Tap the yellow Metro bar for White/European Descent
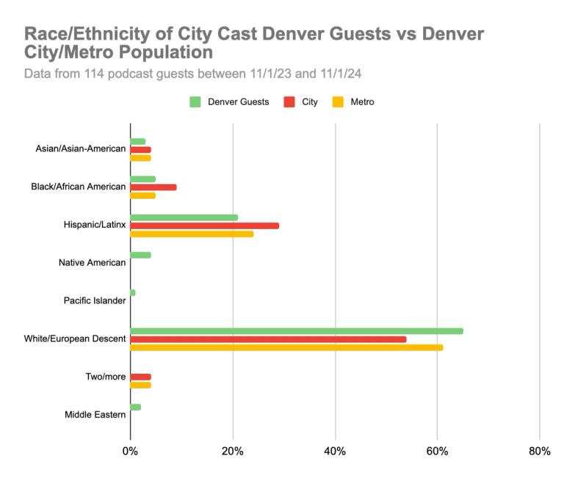[x=286, y=347]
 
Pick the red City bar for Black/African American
[x=153, y=187]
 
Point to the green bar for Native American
[x=140, y=255]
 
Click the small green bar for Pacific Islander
[x=133, y=292]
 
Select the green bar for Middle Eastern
[x=135, y=407]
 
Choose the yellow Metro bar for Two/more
[x=140, y=385]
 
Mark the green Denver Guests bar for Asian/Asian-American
[x=138, y=141]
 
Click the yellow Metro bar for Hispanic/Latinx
[x=192, y=234]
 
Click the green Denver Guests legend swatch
[x=195, y=102]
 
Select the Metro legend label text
[x=362, y=102]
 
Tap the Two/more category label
[x=106, y=377]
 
